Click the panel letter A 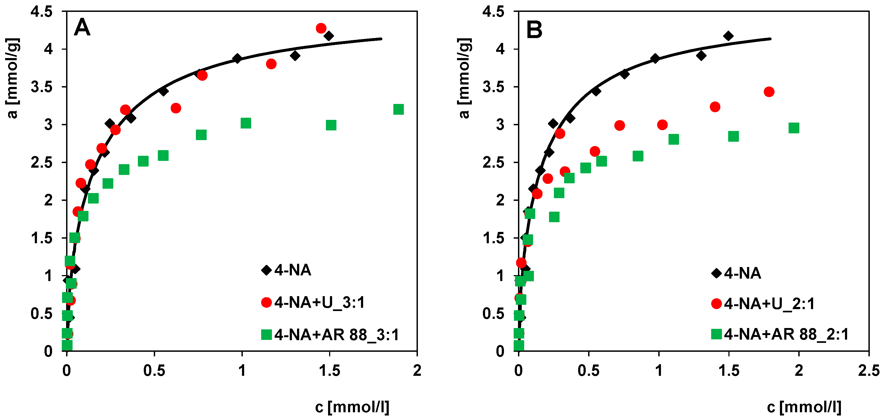82,28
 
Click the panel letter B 534,30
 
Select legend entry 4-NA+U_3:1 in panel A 319,303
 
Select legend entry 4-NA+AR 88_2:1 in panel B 786,334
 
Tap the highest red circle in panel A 321,28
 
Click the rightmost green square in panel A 398,109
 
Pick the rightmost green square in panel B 794,128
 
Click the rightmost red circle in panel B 769,92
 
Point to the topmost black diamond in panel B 728,36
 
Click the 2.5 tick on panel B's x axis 869,371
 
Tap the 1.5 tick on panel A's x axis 329,371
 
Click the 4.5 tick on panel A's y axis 42,12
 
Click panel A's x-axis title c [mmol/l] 352,407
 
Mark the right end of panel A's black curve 381,39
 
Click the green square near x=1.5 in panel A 331,125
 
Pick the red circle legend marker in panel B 717,303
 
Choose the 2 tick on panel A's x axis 417,371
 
